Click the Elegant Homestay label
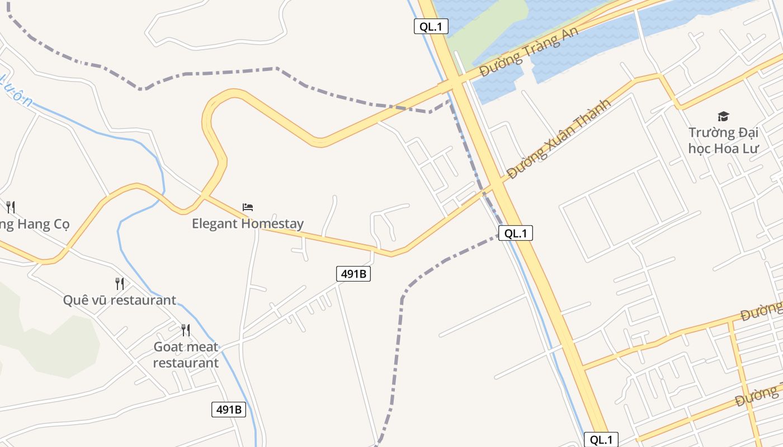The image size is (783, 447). click(248, 223)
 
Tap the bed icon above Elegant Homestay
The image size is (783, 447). click(248, 207)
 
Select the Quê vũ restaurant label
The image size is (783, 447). click(119, 300)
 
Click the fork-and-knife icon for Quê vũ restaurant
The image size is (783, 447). click(119, 283)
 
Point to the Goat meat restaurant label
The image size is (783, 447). click(186, 355)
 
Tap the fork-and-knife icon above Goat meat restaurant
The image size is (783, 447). click(186, 330)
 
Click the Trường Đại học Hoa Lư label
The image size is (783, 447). click(723, 140)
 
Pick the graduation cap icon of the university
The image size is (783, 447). click(723, 116)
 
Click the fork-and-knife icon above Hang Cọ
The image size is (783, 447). click(11, 207)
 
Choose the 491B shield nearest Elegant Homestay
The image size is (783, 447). click(353, 274)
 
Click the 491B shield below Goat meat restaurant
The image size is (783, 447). click(229, 409)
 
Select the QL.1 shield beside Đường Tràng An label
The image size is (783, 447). click(431, 26)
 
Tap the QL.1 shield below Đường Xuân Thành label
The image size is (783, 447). click(515, 233)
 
